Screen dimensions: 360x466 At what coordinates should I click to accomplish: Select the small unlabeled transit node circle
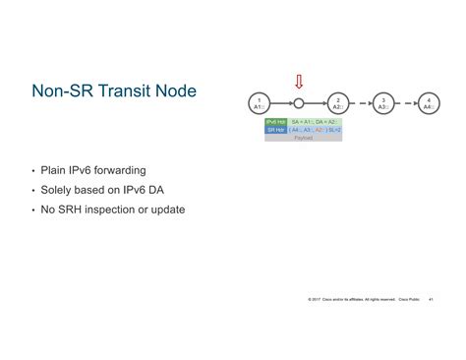tap(299, 102)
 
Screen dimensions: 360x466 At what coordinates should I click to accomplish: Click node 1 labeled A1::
tap(258, 102)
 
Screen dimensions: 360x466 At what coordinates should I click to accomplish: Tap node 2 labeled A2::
tap(338, 102)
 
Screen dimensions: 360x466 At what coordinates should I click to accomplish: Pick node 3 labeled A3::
tap(382, 102)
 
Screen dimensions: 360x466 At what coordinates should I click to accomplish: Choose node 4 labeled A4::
tap(428, 102)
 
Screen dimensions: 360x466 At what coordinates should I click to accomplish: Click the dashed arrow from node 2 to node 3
tap(360, 102)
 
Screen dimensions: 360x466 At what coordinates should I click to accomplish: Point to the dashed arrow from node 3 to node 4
tap(405, 102)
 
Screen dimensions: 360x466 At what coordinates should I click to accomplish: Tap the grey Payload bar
tap(303, 138)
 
